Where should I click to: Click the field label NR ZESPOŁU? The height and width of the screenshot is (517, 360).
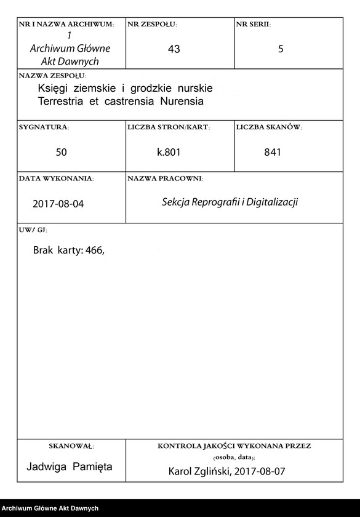[x=152, y=25]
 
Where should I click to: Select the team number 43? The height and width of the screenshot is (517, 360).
[x=174, y=49]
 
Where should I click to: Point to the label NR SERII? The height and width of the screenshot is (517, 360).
[x=253, y=25]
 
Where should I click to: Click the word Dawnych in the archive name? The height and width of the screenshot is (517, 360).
[x=78, y=62]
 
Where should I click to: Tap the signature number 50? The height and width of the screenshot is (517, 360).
[x=62, y=152]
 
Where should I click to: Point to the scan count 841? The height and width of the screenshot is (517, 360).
[x=272, y=152]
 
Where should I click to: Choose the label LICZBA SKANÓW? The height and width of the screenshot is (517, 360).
[x=269, y=127]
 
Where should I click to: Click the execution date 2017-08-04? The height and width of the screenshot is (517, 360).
[x=58, y=204]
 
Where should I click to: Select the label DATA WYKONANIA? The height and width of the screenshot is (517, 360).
[x=56, y=178]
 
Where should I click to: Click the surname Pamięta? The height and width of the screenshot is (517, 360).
[x=93, y=467]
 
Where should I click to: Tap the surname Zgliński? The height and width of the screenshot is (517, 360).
[x=211, y=471]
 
